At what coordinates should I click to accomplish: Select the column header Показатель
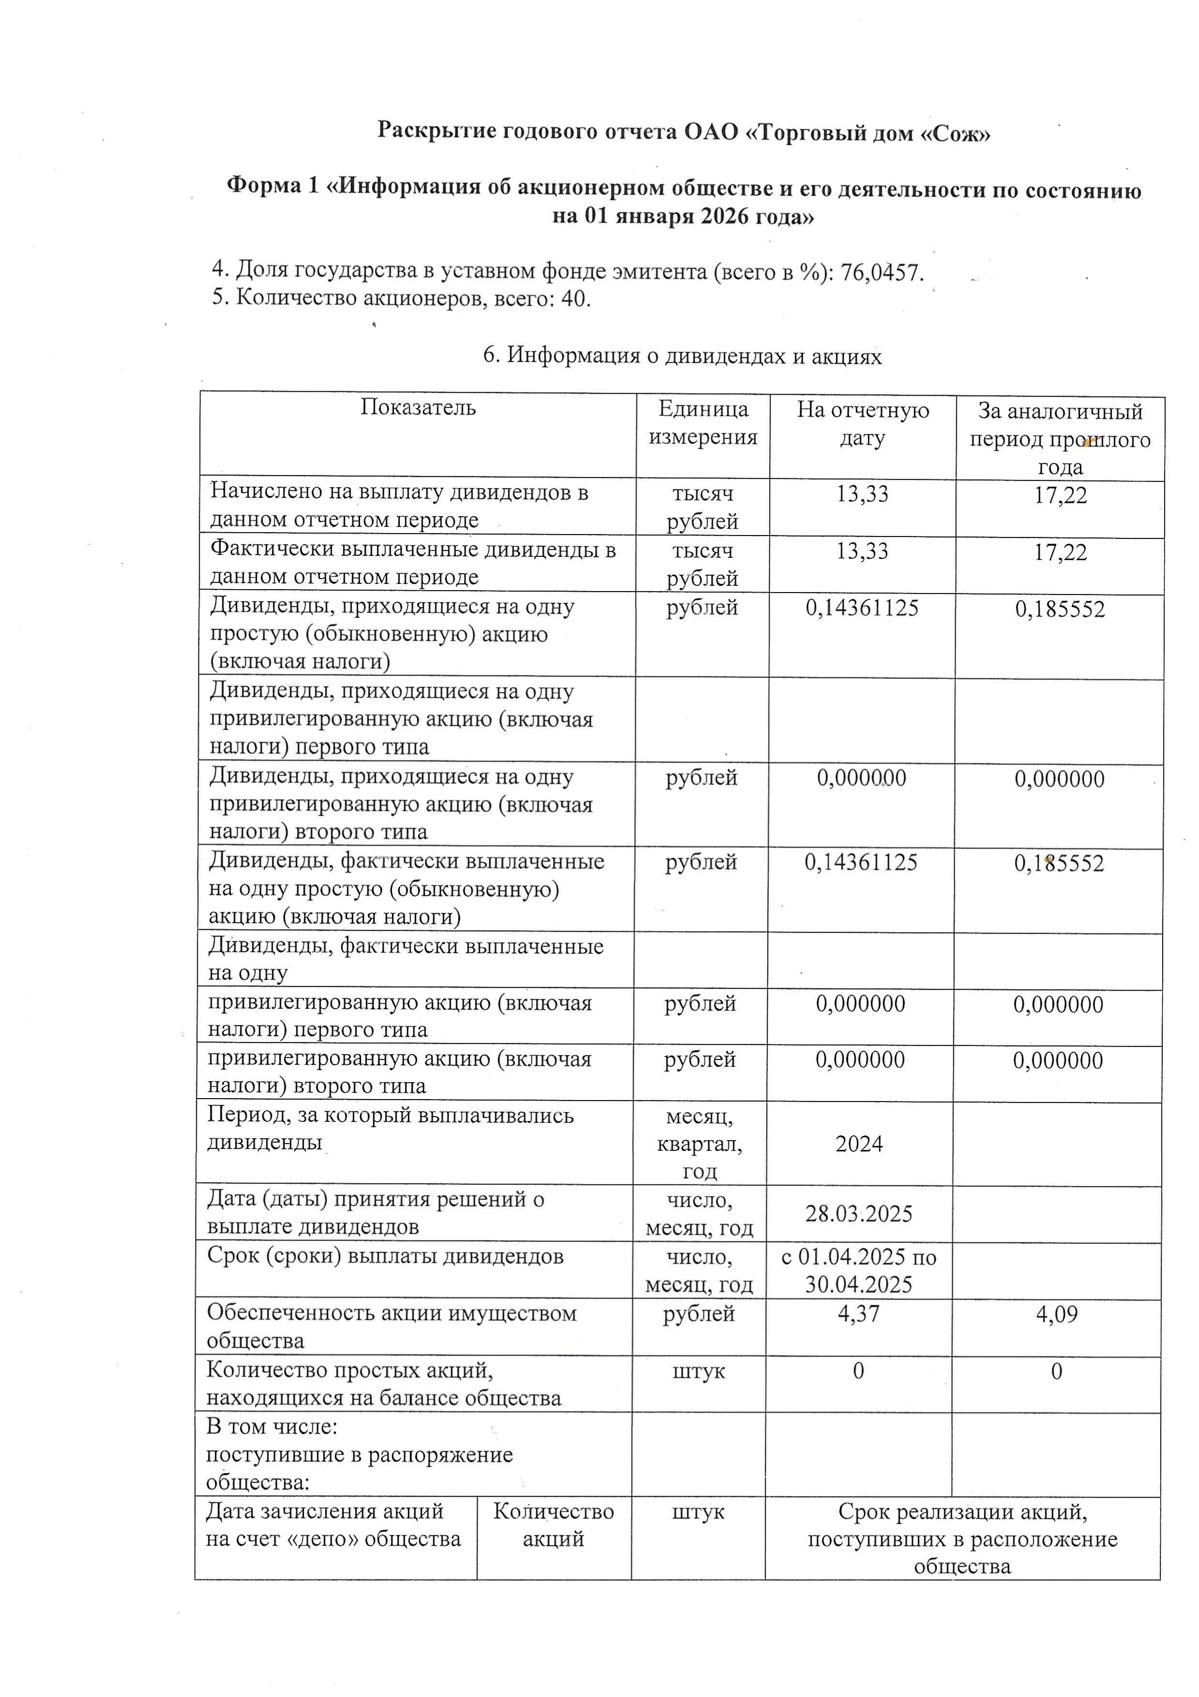(x=418, y=407)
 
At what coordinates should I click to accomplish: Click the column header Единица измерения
(x=702, y=423)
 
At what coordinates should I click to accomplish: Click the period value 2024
(x=859, y=1144)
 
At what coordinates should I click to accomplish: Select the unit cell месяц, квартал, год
(x=699, y=1144)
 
